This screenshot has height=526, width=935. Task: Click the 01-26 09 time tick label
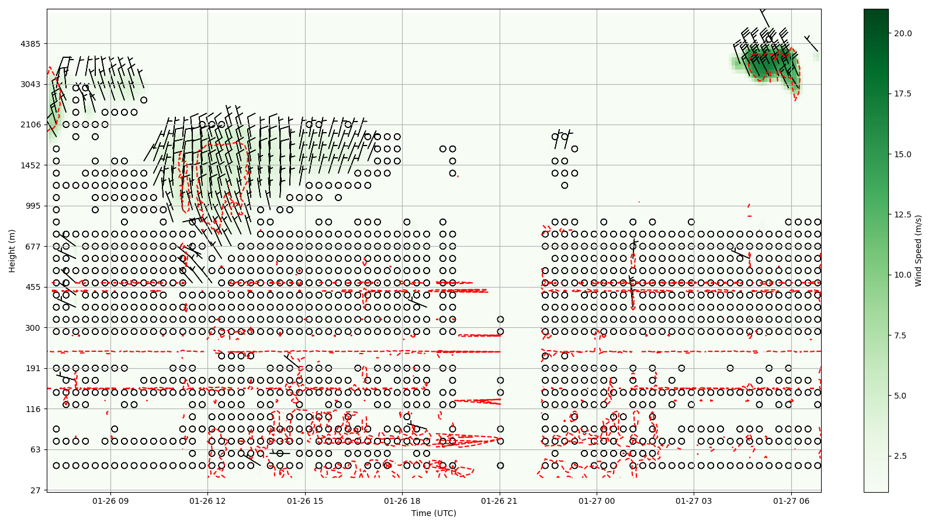click(110, 501)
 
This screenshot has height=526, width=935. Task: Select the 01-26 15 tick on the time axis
click(305, 501)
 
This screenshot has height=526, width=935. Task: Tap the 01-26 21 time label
click(500, 501)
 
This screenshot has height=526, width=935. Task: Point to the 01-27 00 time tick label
click(597, 501)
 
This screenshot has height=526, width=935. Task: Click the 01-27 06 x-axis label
click(791, 501)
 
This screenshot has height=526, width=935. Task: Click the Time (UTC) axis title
click(434, 513)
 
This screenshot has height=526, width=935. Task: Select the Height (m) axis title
click(12, 251)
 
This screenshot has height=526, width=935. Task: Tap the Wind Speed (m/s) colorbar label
click(918, 251)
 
